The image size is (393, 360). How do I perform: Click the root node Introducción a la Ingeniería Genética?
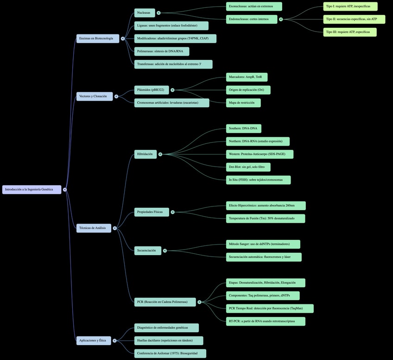[32, 189]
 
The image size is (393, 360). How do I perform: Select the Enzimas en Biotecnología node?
[97, 39]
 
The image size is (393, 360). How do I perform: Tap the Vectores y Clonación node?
[94, 96]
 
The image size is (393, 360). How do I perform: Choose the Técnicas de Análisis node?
[94, 228]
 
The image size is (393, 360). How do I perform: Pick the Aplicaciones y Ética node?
[94, 341]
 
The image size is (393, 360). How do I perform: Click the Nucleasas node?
[145, 13]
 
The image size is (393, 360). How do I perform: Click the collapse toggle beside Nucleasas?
[158, 13]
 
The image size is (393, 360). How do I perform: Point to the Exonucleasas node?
[254, 6]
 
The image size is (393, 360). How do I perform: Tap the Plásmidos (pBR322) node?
[151, 90]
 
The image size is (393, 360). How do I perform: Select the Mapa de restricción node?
[243, 103]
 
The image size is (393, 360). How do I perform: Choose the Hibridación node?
[146, 154]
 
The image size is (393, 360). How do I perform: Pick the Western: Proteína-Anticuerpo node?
[260, 154]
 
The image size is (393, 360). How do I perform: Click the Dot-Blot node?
[248, 167]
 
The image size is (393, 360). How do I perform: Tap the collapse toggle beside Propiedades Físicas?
[172, 212]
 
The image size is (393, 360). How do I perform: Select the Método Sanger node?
[263, 244]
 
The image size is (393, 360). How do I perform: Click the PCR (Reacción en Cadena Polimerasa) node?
[165, 302]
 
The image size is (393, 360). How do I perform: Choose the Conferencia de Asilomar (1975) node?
[170, 354]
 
